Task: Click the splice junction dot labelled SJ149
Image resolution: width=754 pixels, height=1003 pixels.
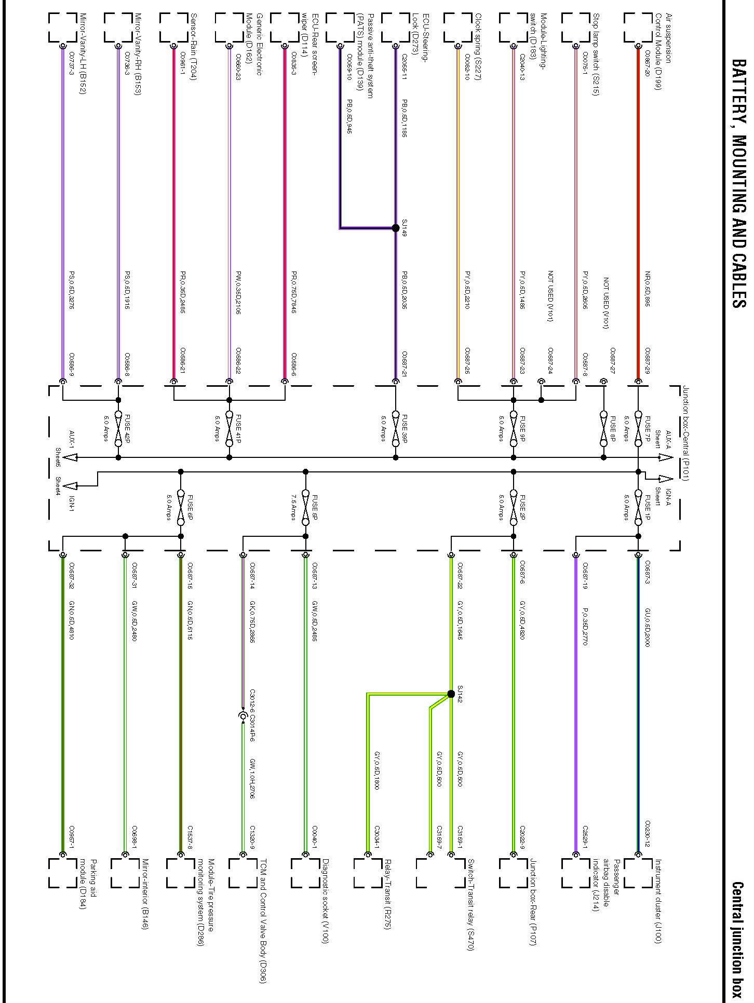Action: (396, 228)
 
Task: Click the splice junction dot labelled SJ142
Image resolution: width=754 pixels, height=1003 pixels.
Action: (451, 694)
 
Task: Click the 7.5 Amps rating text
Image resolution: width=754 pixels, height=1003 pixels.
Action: (294, 507)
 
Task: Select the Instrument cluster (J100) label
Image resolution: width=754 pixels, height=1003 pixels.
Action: (658, 900)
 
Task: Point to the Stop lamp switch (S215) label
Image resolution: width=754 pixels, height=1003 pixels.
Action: (596, 54)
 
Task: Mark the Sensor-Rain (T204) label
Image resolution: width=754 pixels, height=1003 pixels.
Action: (193, 47)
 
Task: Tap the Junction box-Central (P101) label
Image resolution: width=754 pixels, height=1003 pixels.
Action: (685, 433)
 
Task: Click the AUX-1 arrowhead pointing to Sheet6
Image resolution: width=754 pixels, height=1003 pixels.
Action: (71, 457)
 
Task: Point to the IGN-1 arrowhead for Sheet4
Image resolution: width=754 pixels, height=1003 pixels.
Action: (71, 486)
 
